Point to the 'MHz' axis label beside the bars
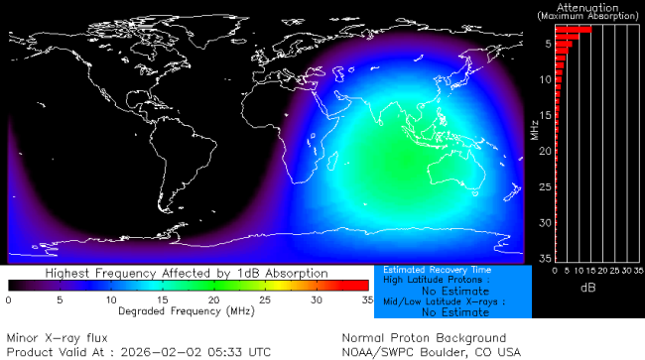click(534, 129)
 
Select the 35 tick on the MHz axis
click(544, 258)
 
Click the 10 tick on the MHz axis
click(544, 80)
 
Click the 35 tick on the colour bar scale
click(366, 299)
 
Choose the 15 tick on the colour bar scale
click(162, 299)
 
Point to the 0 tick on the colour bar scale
click(9, 299)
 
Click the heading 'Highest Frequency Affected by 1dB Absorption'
click(188, 272)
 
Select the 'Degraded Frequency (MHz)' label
click(188, 309)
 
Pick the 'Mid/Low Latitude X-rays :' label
click(437, 300)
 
